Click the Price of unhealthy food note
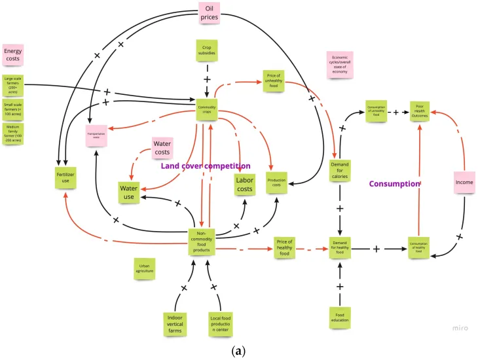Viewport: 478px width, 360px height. pos(274,81)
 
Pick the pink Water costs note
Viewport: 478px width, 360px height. pos(162,148)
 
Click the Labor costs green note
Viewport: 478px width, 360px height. pos(245,186)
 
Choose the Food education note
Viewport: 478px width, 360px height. pos(340,318)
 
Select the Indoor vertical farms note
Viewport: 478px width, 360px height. pos(177,323)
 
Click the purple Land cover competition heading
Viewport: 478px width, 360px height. pos(206,166)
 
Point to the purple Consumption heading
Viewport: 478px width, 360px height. pos(394,184)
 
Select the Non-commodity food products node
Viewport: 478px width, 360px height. pos(202,240)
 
